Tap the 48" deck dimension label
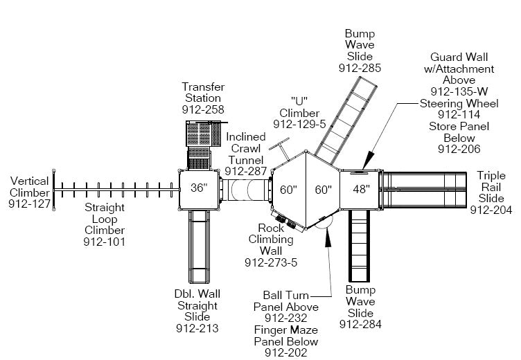(362, 189)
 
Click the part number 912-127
(30, 204)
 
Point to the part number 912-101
(105, 242)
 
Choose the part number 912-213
(197, 328)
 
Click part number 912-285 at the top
(360, 68)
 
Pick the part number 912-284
(360, 324)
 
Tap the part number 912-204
(491, 210)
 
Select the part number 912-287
(246, 171)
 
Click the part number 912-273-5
(271, 262)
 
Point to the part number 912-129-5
(299, 124)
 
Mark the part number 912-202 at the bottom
(286, 353)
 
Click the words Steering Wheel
(452, 103)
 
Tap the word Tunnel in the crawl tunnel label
(246, 160)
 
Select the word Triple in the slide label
(491, 176)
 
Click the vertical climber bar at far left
(55, 189)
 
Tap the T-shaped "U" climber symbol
(281, 147)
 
